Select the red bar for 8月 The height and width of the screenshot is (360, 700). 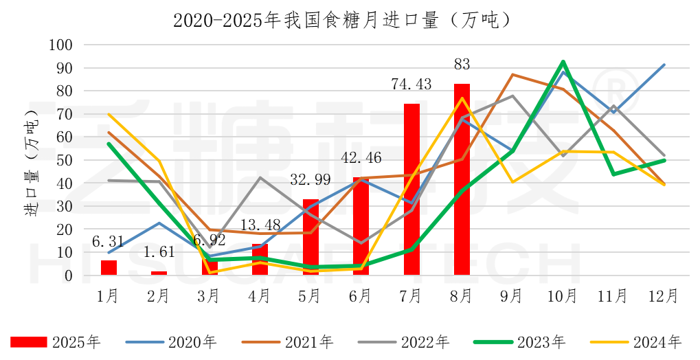coord(462,179)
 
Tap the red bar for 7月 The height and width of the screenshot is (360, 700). coord(411,190)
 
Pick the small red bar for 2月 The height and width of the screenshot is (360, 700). coord(159,273)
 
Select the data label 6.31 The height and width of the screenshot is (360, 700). coord(108,242)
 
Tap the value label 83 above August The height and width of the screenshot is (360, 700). coord(462,65)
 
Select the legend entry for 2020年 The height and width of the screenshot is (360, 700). coord(172,341)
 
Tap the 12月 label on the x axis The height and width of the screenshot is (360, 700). coord(664,296)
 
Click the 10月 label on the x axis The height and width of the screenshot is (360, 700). coord(563,296)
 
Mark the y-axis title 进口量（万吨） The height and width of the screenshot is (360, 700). coord(31,160)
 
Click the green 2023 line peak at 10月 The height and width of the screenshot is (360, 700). coord(563,62)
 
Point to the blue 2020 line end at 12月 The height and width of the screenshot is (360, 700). coord(664,65)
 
